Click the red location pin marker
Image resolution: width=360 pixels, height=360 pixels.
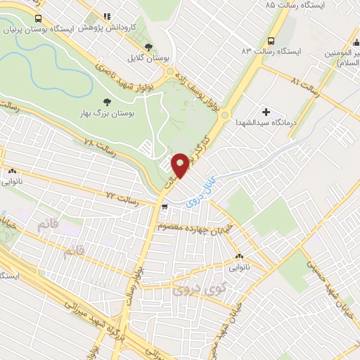pos(181,165)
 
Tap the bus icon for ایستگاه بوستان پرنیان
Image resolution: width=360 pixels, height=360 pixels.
pos(37,19)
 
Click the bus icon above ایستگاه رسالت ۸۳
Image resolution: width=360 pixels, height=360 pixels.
pos(271,40)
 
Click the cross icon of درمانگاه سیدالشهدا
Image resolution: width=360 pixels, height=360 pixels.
pos(266,110)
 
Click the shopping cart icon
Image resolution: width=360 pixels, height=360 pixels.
pos(164,207)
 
